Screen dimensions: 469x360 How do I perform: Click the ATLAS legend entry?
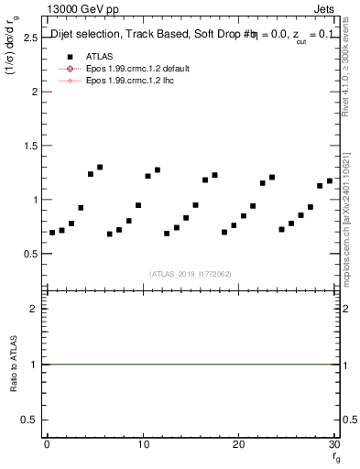coord(100,56)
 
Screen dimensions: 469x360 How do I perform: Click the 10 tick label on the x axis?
coord(142,444)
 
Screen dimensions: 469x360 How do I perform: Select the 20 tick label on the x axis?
coord(238,444)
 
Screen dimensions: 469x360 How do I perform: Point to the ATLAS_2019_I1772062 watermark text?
coord(190,273)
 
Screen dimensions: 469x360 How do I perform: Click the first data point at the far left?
coord(52,233)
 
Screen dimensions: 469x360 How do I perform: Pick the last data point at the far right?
coord(330,180)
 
